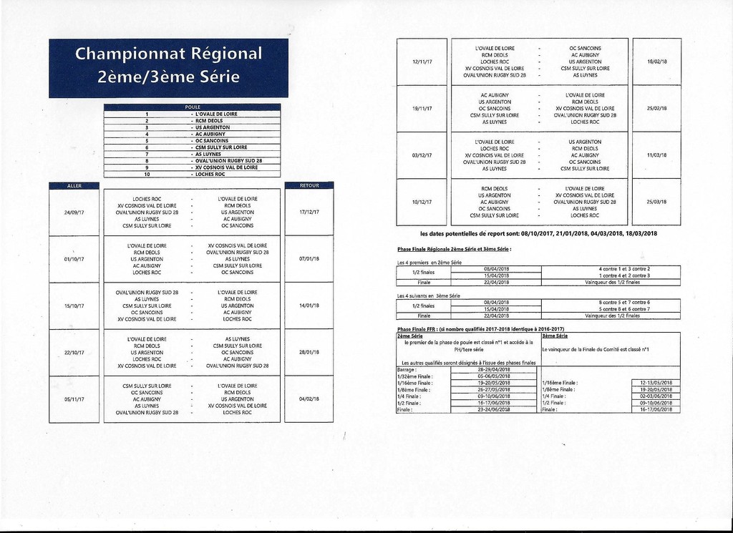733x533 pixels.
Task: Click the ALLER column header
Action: (x=74, y=185)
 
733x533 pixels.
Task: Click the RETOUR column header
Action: (x=309, y=185)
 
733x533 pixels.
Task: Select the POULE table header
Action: (x=192, y=107)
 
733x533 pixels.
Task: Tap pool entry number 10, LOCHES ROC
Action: (x=210, y=174)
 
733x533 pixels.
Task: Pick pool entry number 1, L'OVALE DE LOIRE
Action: (x=215, y=114)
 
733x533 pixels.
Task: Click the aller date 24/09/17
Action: (x=74, y=212)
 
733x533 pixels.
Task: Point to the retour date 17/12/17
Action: (x=309, y=212)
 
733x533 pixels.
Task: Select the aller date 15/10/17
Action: (x=74, y=305)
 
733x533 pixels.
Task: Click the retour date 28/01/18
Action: (x=309, y=352)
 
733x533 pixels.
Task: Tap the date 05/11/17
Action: (x=74, y=399)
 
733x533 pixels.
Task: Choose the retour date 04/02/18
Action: (x=309, y=399)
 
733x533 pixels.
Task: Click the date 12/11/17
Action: (x=422, y=62)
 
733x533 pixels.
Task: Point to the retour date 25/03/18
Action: (x=656, y=202)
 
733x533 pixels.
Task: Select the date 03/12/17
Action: (x=422, y=155)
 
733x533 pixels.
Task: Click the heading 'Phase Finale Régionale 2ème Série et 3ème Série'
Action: (x=454, y=249)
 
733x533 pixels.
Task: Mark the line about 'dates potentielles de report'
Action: (x=538, y=234)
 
